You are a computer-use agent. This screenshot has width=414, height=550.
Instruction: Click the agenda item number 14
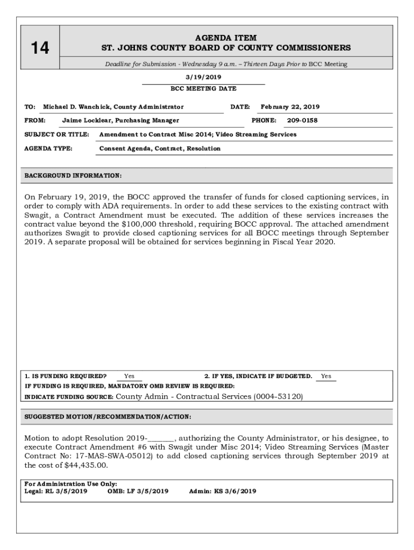coord(39,48)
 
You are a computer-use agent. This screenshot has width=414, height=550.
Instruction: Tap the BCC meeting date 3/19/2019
coord(203,77)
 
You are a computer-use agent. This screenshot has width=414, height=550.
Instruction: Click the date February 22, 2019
coord(290,107)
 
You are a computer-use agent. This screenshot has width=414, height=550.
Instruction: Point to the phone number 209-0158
coord(302,120)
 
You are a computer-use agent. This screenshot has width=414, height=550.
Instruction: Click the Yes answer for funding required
coord(129,376)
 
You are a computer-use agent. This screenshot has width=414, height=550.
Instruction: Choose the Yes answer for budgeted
coord(326,376)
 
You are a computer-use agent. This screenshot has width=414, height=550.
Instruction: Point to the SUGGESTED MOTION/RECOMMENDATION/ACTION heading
coord(108,417)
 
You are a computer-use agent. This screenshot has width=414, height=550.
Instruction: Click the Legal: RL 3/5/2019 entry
coord(56,491)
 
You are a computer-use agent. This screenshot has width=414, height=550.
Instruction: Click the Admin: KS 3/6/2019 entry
coord(223,491)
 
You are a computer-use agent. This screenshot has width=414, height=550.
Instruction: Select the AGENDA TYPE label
coord(49,148)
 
